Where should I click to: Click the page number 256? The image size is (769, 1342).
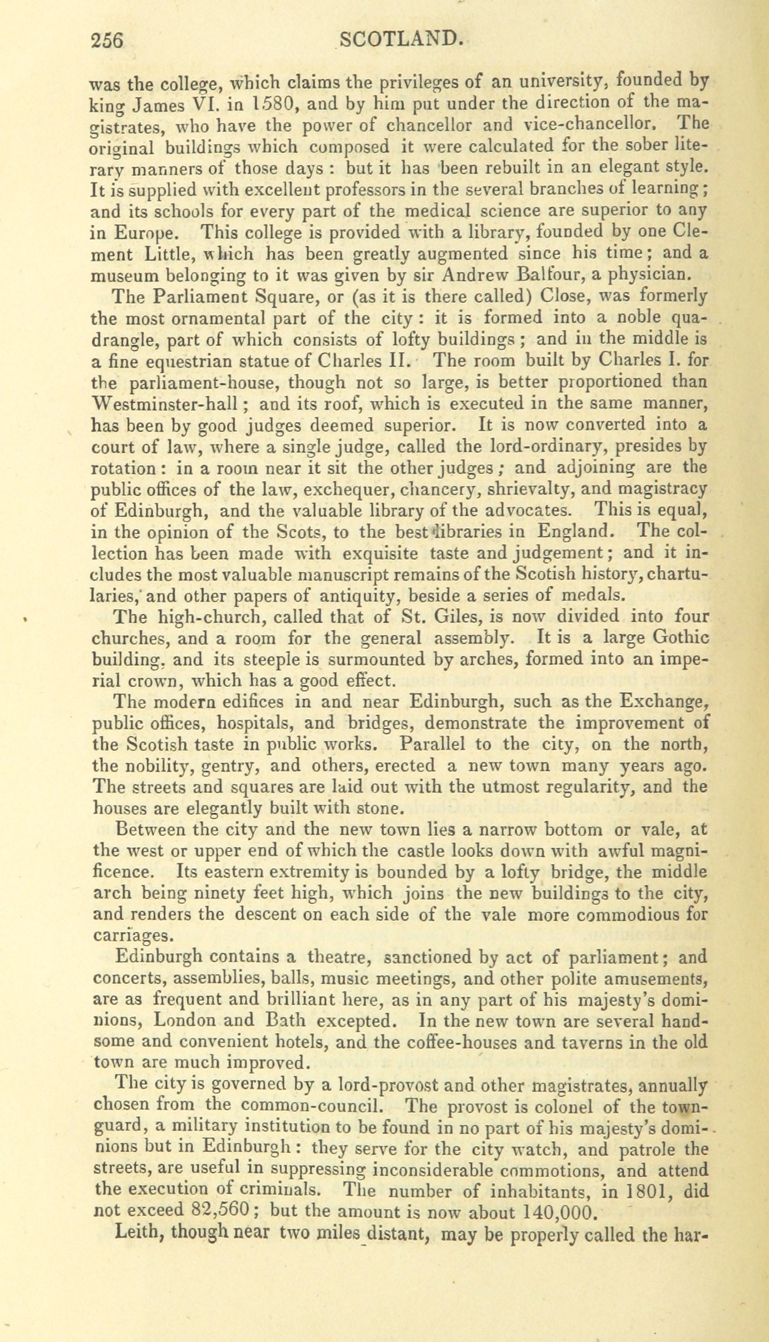pos(107,41)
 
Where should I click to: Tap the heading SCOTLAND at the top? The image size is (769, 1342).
pos(400,39)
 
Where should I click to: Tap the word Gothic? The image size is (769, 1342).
pos(676,638)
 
